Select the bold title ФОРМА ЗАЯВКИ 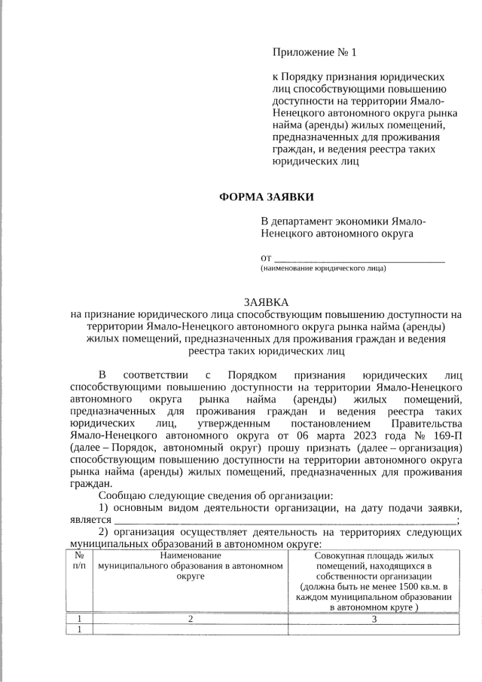click(267, 197)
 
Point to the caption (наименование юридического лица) click(323, 268)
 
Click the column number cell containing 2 click(191, 619)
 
